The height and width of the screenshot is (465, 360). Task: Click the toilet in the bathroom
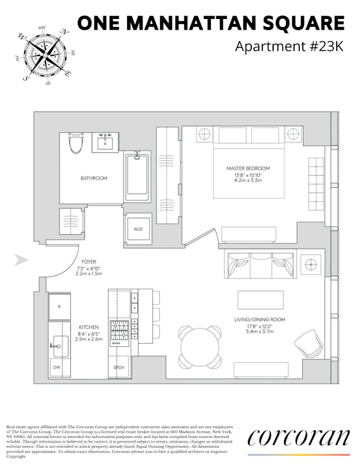coord(75,143)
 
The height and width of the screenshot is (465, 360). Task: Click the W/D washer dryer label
coord(138,229)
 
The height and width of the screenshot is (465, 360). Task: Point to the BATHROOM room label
coord(93,178)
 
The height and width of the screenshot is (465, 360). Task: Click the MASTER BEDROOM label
coord(248,168)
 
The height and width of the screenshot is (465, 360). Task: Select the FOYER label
coord(89,262)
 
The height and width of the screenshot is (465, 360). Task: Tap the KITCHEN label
coord(89,327)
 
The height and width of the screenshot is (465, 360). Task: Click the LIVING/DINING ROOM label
coord(259,320)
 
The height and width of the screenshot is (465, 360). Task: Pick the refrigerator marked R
coord(59,307)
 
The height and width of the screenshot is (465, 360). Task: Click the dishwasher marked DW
coord(56,367)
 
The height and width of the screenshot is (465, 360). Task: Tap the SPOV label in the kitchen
coord(119,368)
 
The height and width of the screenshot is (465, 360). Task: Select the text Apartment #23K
coord(289,46)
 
